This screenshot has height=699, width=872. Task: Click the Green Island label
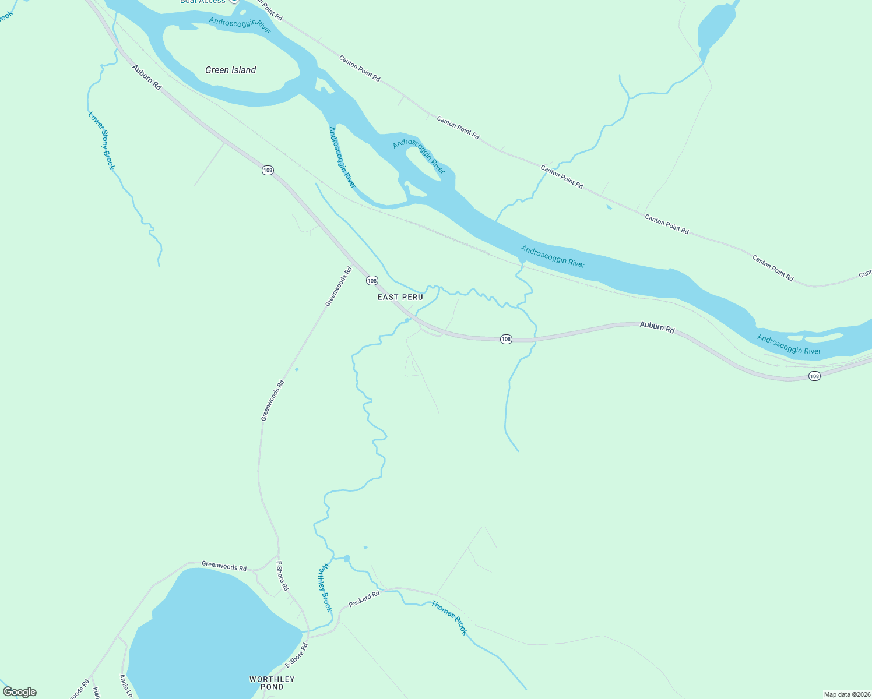231,70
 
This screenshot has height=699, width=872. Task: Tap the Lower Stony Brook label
101,141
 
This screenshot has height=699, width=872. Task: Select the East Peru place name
400,297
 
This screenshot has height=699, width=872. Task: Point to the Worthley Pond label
272,683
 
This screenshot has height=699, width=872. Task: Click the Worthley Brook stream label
325,587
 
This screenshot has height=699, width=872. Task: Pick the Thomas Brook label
449,617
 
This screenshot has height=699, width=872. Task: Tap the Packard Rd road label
364,599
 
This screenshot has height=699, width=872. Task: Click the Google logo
20,692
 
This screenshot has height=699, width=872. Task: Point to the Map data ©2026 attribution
847,694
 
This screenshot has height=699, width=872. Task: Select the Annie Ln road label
126,686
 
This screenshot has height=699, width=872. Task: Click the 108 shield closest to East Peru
372,281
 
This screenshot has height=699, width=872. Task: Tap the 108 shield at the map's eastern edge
814,376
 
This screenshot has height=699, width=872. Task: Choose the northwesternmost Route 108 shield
268,170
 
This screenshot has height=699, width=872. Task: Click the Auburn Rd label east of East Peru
657,327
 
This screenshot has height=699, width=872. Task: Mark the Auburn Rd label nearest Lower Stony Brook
146,77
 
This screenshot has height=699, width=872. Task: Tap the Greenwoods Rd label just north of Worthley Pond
224,566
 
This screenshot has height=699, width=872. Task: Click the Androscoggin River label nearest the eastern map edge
789,344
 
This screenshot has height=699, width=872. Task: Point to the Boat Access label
203,2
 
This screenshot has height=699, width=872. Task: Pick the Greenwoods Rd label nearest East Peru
339,287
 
